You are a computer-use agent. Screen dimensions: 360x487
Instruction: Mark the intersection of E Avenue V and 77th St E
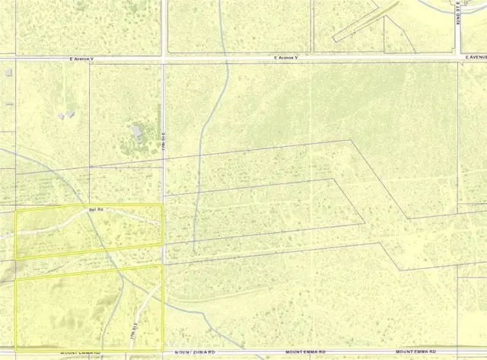[x=164, y=56]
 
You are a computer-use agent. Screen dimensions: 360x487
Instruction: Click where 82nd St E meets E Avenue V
[x=457, y=56]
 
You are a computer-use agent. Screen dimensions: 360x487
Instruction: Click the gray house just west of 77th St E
[x=138, y=132]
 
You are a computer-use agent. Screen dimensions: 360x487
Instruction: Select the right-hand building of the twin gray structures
[x=70, y=114]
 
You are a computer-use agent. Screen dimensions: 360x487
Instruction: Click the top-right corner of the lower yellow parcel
[x=162, y=266]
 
